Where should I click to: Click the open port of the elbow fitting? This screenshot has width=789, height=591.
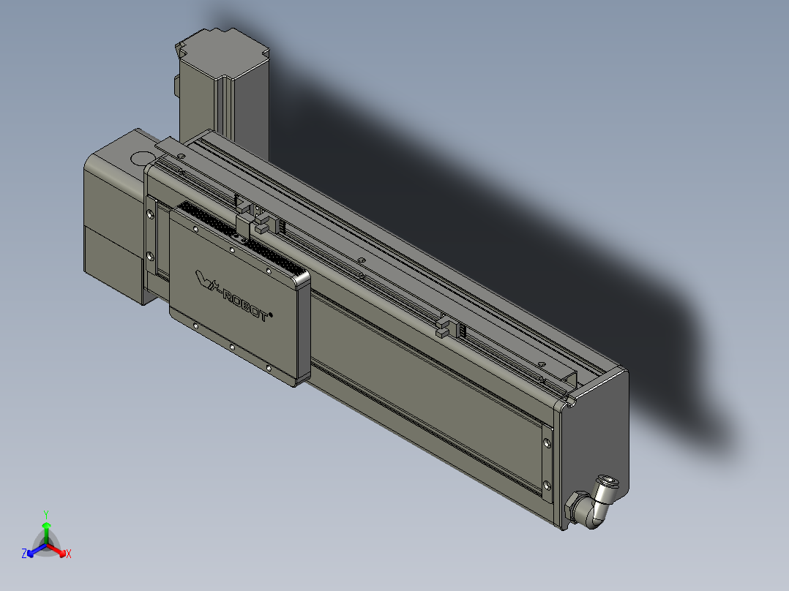click(608, 483)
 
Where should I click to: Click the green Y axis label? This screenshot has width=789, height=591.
click(45, 513)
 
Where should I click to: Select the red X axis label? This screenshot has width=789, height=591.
click(69, 554)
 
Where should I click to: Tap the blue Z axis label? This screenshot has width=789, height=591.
click(24, 554)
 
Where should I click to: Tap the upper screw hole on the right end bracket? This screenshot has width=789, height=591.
click(547, 441)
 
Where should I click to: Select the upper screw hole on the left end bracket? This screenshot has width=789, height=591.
click(151, 214)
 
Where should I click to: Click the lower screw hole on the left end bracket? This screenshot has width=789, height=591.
click(151, 256)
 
